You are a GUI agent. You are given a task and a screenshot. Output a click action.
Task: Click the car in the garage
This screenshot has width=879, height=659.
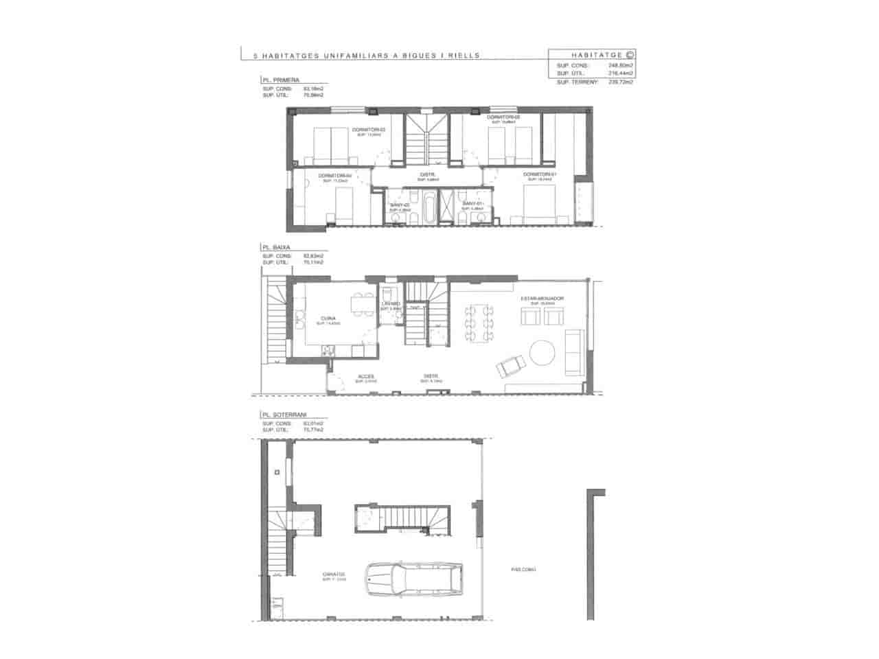click(414, 581)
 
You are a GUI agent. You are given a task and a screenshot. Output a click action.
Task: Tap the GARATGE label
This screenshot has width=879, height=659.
click(334, 575)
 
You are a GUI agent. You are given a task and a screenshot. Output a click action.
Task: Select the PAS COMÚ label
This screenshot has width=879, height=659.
click(523, 569)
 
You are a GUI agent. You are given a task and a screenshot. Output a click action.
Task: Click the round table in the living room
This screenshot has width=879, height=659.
click(544, 352)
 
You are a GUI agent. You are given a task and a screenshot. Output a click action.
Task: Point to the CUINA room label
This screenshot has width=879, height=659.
click(328, 319)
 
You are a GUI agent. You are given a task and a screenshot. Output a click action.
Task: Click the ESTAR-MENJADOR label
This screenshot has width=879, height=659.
click(542, 299)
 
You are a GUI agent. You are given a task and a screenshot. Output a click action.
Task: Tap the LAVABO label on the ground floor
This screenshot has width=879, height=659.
click(391, 303)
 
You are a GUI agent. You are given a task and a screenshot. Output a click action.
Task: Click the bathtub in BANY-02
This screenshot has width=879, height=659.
click(429, 209)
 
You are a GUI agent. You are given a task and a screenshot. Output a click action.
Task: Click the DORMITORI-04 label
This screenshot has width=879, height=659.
click(334, 176)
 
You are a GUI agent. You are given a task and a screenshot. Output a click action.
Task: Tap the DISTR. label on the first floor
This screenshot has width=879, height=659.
click(429, 174)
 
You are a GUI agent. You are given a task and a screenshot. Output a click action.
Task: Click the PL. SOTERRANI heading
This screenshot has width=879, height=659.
click(284, 415)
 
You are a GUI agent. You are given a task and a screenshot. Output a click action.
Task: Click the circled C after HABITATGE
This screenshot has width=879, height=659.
click(630, 54)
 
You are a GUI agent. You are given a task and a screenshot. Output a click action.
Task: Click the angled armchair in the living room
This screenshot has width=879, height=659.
click(510, 367)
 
